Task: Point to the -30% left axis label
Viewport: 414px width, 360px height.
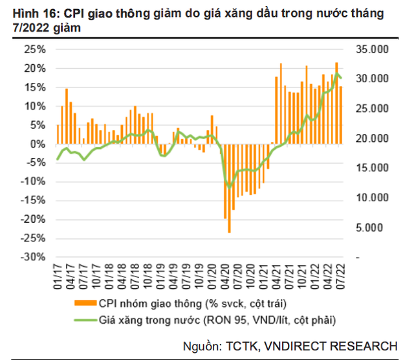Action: (33, 258)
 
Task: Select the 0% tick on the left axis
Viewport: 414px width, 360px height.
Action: (38, 144)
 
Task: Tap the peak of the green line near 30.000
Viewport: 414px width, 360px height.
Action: (336, 74)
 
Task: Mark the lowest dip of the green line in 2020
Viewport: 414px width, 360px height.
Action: (228, 188)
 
